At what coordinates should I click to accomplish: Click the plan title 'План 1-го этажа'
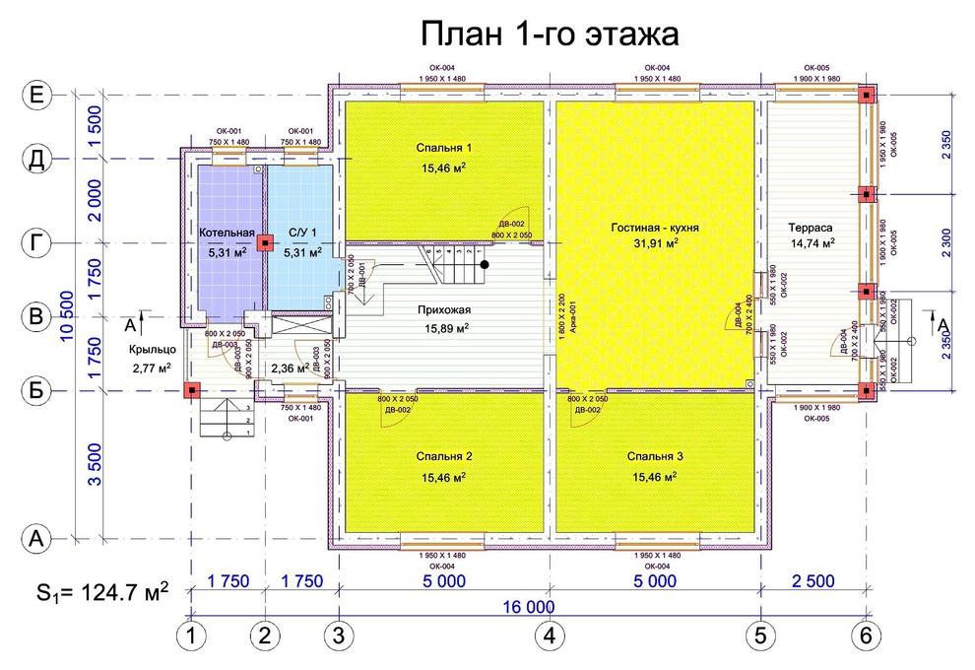[x=550, y=34]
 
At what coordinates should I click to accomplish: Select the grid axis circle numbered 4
[x=550, y=636]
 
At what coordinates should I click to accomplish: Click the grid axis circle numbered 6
[x=866, y=636]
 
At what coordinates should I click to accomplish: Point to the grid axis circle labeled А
[x=36, y=538]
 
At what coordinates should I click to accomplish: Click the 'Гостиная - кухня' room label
[x=653, y=227]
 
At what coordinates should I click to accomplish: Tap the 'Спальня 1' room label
[x=443, y=148]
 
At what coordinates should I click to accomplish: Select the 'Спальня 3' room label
[x=655, y=457]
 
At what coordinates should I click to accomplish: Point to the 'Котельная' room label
[x=227, y=234]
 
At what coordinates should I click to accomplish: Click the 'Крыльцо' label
[x=152, y=350]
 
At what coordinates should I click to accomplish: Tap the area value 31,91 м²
[x=653, y=243]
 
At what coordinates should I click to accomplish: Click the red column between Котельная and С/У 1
[x=264, y=242]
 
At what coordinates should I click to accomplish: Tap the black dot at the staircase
[x=485, y=264]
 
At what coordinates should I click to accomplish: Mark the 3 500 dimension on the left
[x=95, y=465]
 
